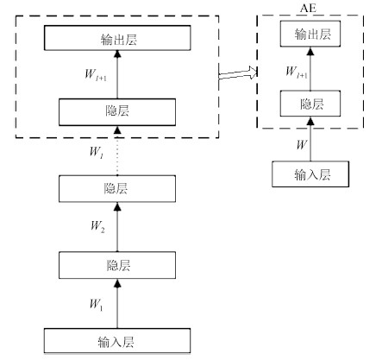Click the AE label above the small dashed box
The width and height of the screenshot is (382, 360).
point(308,8)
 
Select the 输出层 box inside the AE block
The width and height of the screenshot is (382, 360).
point(310,34)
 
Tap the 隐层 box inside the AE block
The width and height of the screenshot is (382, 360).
point(310,104)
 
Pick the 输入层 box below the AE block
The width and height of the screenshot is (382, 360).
point(310,174)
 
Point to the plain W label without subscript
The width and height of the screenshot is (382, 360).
point(302,144)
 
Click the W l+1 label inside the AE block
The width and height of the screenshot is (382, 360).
point(297,72)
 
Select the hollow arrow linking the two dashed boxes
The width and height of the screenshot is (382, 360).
point(238,73)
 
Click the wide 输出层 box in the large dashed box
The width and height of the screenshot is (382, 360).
point(117,38)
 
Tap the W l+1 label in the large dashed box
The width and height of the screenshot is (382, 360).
point(96,75)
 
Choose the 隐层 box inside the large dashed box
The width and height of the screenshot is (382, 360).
point(117,112)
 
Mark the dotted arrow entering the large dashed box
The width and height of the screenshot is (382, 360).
point(117,151)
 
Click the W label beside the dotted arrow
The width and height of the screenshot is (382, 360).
point(97,153)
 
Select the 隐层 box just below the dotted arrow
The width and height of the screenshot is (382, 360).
point(117,189)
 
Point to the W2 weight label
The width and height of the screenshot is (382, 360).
point(97,227)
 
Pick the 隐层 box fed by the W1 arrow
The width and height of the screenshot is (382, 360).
point(117,265)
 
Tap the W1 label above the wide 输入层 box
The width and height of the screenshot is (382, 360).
point(96,305)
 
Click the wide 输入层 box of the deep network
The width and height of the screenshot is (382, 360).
point(117,341)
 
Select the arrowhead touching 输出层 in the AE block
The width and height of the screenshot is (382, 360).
point(310,51)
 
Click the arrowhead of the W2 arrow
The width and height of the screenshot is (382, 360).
point(117,206)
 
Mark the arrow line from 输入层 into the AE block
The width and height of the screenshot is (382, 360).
point(310,139)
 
